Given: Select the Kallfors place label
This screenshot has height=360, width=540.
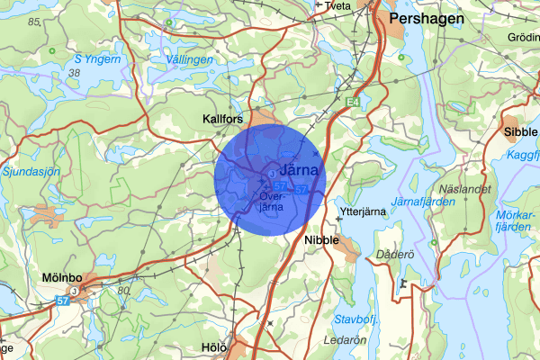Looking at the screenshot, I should [223, 119].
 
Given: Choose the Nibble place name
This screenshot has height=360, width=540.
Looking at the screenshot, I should [321, 240].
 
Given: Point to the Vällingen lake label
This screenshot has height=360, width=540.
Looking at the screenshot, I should [191, 59].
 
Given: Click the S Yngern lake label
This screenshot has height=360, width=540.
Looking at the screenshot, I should [96, 59].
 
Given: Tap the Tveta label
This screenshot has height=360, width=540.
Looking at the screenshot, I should [337, 5].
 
